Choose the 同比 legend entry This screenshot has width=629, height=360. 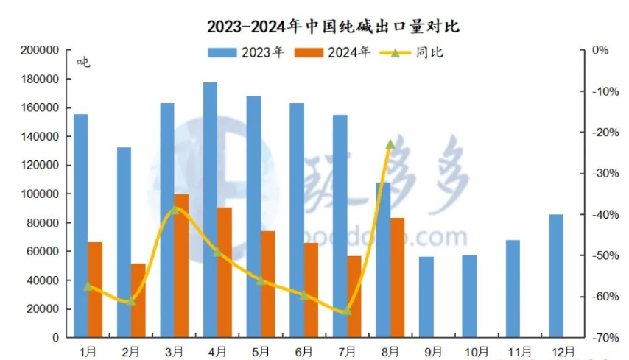coord(413,52)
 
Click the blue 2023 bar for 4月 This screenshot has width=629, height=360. coord(210,210)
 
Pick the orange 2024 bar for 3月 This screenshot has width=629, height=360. coord(181,266)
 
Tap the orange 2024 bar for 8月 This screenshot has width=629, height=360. coord(397,278)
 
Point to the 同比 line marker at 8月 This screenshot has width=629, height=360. coord(390,144)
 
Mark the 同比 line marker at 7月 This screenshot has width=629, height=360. coord(347,311)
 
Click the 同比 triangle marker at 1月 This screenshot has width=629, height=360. coord(88,286)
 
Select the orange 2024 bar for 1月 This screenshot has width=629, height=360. coord(95,289)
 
